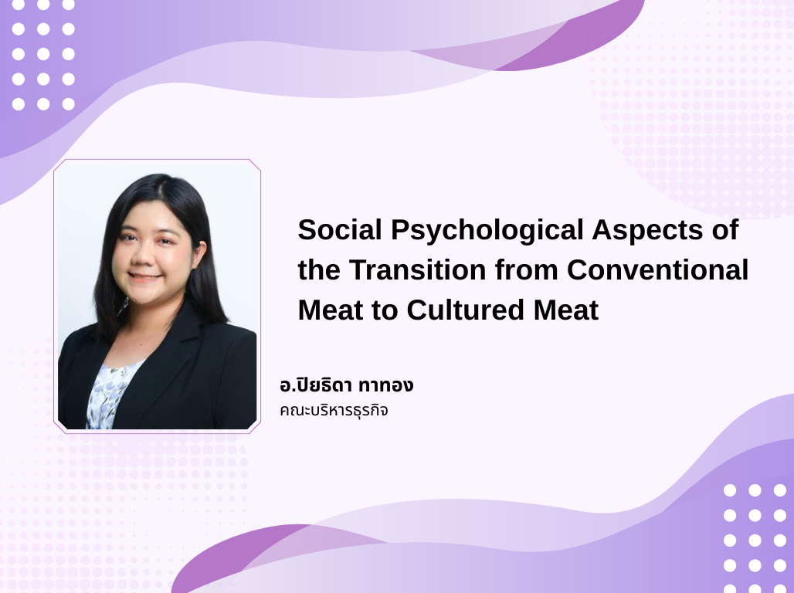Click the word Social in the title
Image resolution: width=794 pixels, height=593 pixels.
pos(340,229)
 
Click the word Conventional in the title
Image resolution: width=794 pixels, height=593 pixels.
pos(657,269)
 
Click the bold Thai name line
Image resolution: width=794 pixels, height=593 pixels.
pos(346,385)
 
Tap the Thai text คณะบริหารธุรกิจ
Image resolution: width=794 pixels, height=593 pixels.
pos(334,410)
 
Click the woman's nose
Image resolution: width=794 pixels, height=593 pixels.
pos(144,256)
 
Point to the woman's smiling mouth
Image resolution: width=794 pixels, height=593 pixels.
pos(145,277)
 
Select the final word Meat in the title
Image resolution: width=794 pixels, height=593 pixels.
pos(566,310)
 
